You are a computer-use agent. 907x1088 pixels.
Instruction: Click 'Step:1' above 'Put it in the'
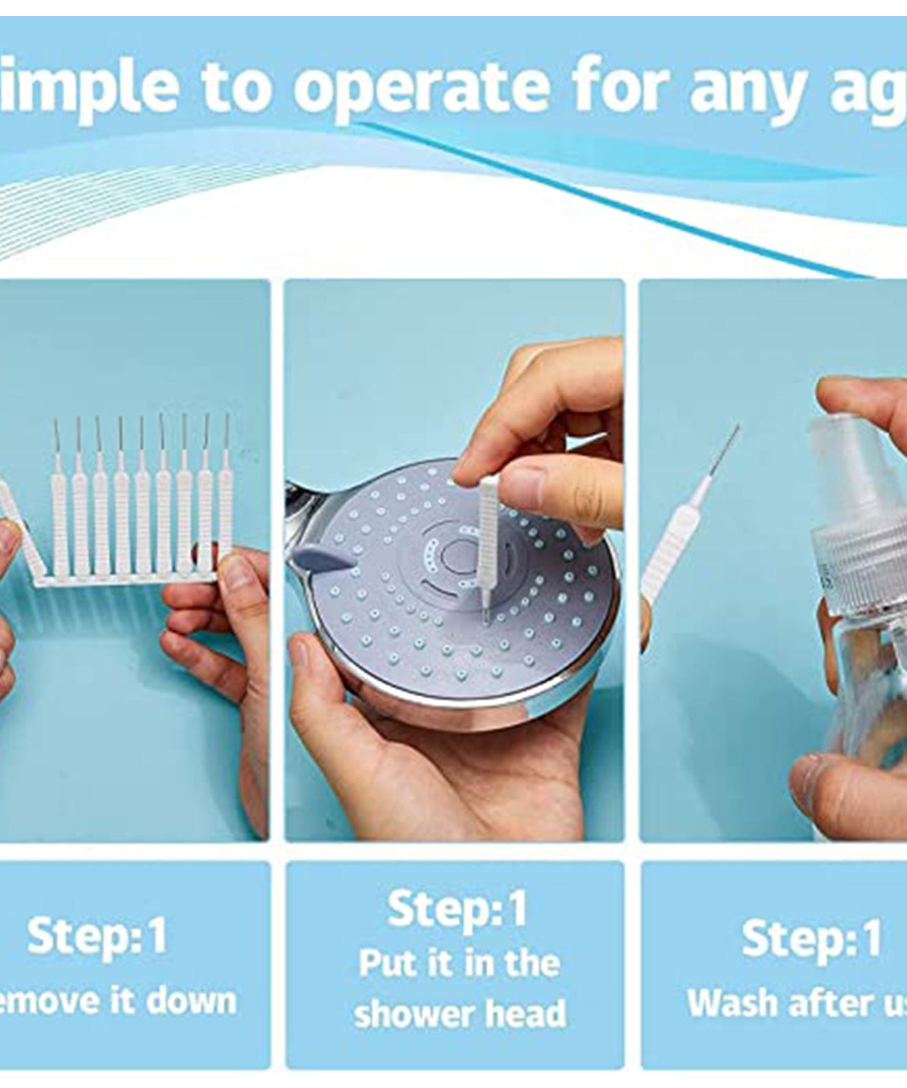pyautogui.click(x=456, y=908)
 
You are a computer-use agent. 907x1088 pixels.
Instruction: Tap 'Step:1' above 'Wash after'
pyautogui.click(x=810, y=937)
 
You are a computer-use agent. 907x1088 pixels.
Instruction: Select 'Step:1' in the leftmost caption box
pyautogui.click(x=97, y=935)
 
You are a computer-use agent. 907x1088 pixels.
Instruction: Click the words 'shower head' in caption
pyautogui.click(x=459, y=1013)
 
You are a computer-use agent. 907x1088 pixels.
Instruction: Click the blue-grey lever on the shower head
pyautogui.click(x=317, y=559)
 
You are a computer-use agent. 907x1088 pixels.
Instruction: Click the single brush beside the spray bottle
pyautogui.click(x=678, y=537)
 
